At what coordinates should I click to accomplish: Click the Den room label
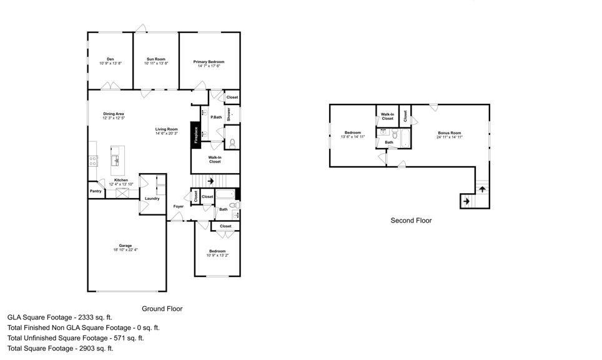tap(110, 59)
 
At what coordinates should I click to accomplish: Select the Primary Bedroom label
tap(208, 62)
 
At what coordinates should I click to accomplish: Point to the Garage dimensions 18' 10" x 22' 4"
tap(126, 249)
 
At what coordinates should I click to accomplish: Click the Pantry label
tap(96, 191)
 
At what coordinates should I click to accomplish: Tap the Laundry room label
tap(152, 199)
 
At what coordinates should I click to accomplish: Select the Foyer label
tap(179, 206)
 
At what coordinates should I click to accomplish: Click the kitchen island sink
tap(116, 161)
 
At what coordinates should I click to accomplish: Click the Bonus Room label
tap(449, 132)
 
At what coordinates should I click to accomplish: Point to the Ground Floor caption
tap(162, 308)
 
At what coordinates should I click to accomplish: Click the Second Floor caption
tap(411, 221)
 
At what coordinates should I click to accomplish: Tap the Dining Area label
tap(114, 114)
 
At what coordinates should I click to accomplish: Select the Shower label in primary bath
tap(229, 114)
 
